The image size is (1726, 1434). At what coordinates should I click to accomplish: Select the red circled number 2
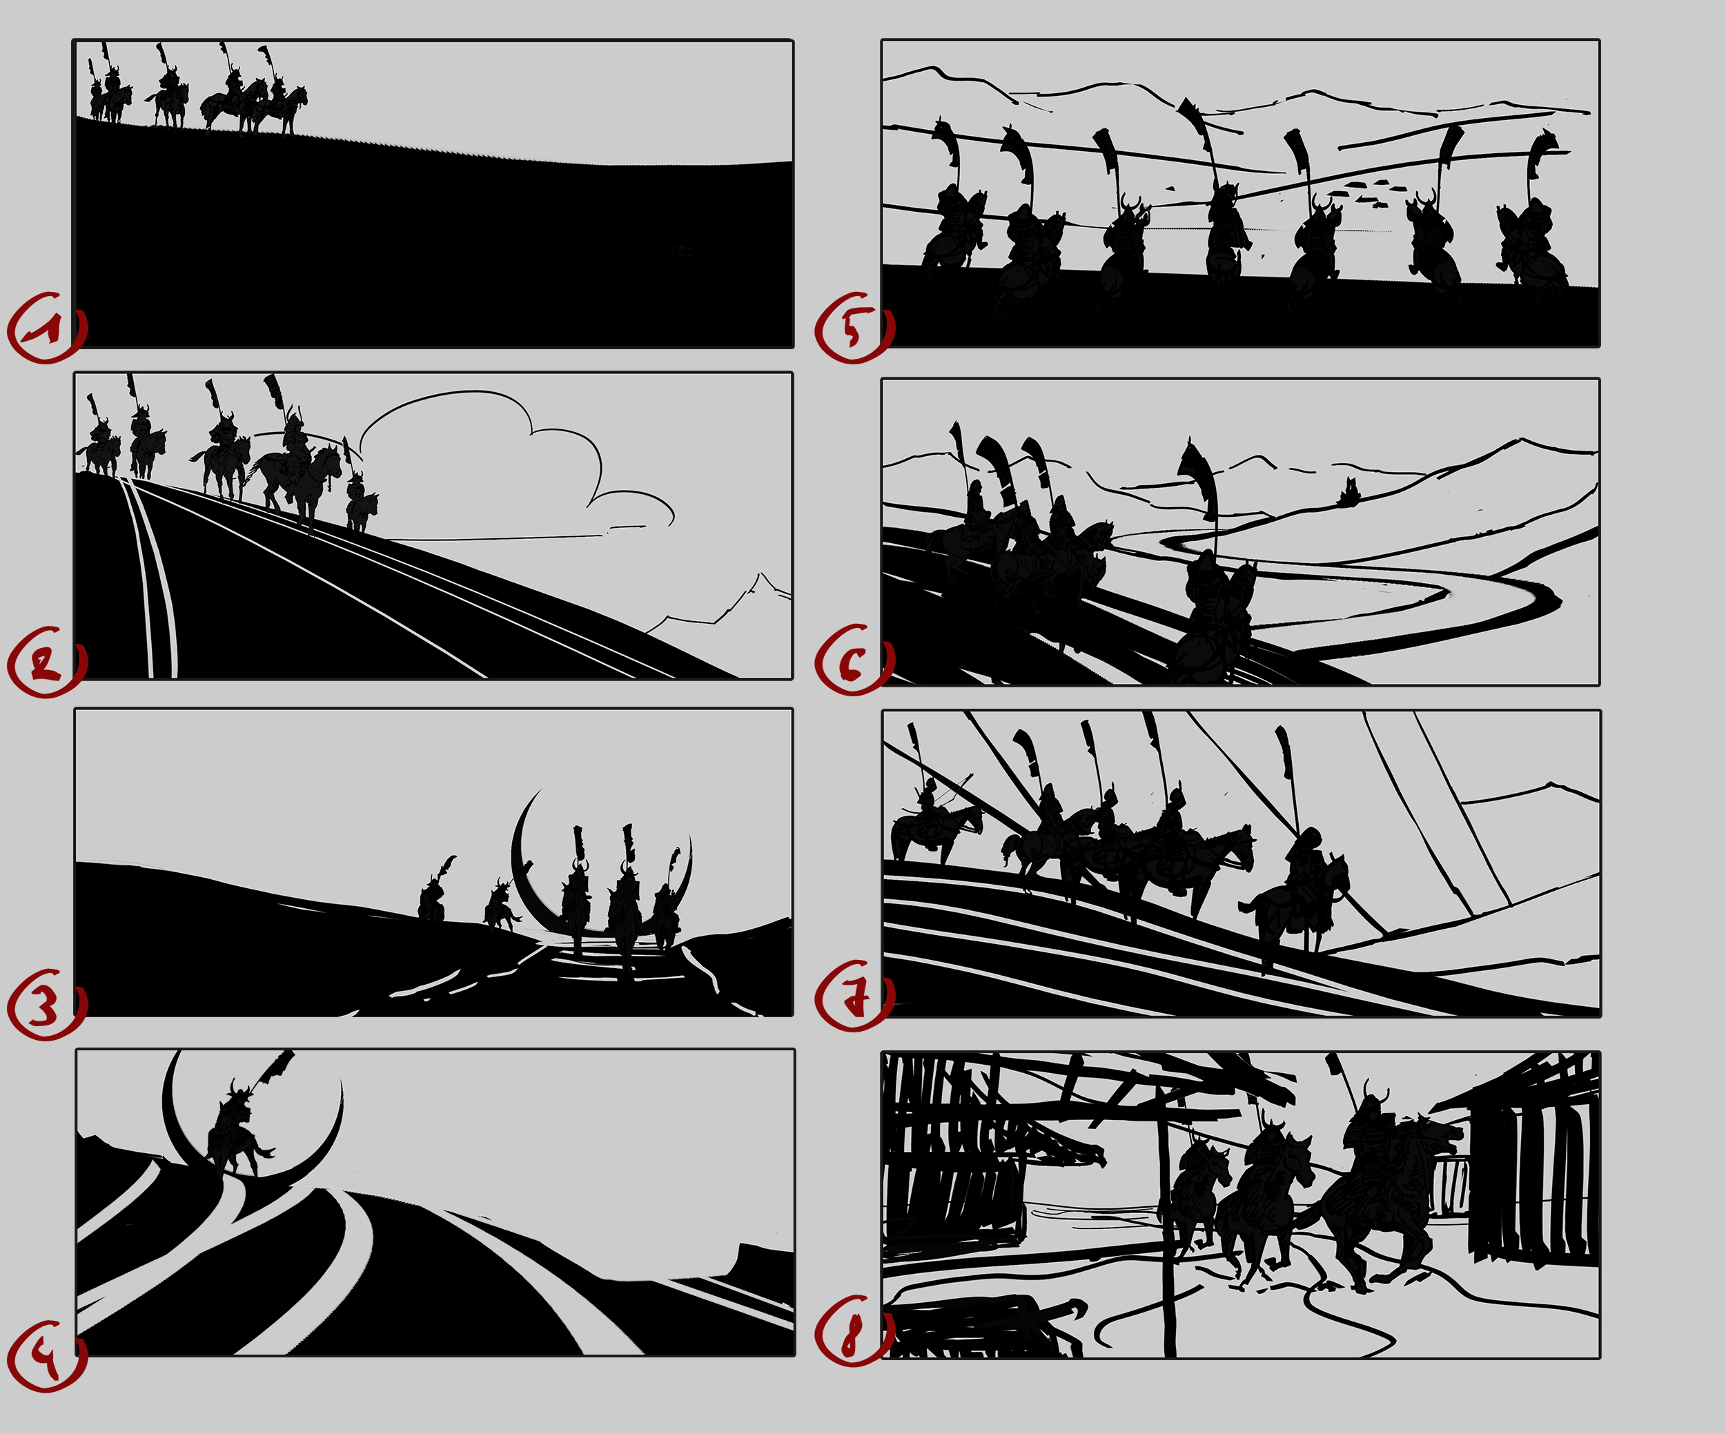point(46,662)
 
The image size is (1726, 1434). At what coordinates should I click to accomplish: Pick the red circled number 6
point(853,662)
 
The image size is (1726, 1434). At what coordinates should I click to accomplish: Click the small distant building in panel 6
point(1348,493)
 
